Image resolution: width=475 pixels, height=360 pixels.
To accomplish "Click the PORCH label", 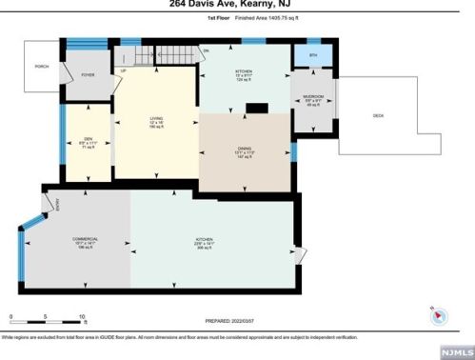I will [41, 67].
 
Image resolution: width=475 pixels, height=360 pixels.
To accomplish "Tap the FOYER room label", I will [88, 74].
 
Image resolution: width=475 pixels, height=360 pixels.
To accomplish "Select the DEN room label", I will [86, 139].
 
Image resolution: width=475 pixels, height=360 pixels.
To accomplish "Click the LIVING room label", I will [155, 118].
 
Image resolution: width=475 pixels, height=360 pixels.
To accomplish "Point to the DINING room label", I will [244, 148].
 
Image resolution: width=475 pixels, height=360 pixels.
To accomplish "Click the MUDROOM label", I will [313, 96].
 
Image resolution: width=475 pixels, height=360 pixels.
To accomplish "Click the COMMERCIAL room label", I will [85, 238].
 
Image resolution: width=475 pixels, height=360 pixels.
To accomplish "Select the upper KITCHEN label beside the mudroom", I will [244, 71].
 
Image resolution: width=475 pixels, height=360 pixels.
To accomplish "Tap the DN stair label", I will [206, 50].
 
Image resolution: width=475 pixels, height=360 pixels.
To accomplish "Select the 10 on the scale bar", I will [83, 317].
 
